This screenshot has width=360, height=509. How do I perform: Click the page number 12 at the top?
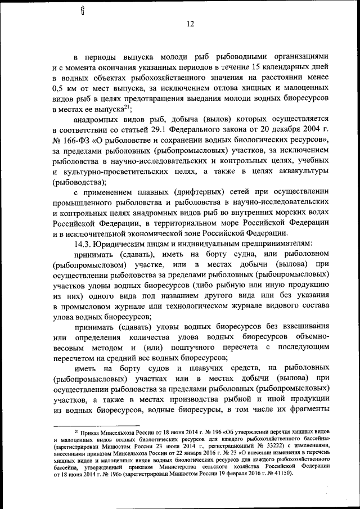[x=191, y=24]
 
